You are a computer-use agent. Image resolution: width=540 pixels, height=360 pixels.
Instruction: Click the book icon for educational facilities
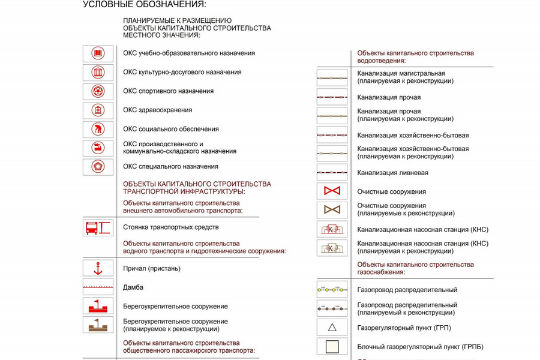[x=98, y=54]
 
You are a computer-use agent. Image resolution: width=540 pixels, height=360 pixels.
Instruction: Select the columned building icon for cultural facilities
[x=98, y=73]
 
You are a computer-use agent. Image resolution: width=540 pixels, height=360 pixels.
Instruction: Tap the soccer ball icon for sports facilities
[x=98, y=91]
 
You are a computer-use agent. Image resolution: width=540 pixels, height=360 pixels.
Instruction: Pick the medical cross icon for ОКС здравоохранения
[x=98, y=110]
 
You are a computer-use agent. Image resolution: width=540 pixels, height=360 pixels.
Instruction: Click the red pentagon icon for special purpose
[x=98, y=166]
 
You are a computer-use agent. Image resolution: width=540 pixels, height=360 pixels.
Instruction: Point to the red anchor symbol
[x=98, y=269]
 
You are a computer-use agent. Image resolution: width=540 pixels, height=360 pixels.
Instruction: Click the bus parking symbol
[x=98, y=228]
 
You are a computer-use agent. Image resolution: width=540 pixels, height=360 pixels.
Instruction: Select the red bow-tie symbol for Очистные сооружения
[x=332, y=191]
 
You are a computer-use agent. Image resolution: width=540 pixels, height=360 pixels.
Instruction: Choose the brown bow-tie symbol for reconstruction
[x=332, y=210]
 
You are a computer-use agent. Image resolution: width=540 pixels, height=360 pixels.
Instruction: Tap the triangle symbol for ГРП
[x=332, y=328]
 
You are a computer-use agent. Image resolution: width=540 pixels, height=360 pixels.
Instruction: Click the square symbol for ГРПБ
[x=332, y=347]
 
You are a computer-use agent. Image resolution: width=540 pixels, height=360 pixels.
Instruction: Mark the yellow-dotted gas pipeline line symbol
[x=332, y=290]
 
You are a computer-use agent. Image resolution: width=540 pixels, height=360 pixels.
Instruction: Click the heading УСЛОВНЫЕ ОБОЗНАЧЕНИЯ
[x=144, y=5]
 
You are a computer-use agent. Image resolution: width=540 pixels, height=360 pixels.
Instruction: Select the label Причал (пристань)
[x=151, y=269]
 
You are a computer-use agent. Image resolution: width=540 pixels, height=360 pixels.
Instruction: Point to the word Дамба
[x=133, y=287]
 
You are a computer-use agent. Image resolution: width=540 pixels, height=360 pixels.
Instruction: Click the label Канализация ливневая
[x=392, y=173]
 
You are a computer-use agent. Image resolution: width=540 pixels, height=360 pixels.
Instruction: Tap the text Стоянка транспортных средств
[x=170, y=227]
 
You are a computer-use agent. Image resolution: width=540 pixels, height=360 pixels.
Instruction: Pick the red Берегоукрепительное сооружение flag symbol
[x=98, y=306]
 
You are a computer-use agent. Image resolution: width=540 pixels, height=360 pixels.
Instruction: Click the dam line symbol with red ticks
[x=98, y=287]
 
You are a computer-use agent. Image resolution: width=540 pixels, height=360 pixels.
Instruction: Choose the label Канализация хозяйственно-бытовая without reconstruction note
[x=413, y=136]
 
